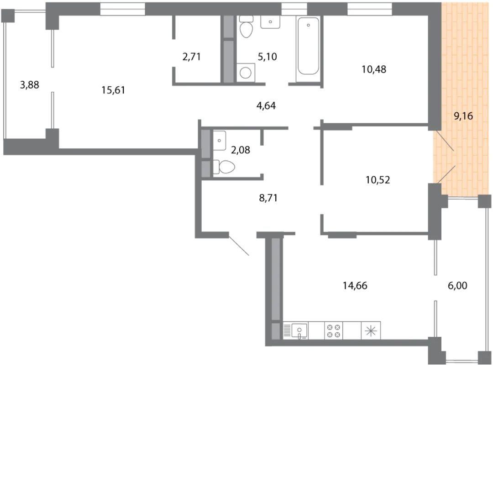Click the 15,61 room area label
tap(113, 90)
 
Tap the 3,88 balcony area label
tap(30, 84)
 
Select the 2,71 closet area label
tap(191, 57)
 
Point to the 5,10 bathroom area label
tap(267, 57)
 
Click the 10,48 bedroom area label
tap(374, 69)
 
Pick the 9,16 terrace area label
tap(463, 116)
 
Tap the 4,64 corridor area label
tap(266, 105)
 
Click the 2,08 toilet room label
tap(241, 150)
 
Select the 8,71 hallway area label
tap(268, 198)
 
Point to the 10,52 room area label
tap(378, 180)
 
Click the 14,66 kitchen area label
tap(355, 285)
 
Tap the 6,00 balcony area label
tap(457, 285)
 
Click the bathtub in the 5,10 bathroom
tap(308, 46)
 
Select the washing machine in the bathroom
tap(246, 73)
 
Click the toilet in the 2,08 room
tap(224, 167)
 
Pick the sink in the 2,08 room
tap(220, 140)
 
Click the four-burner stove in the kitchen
tap(334, 331)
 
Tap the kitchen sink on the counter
tap(299, 330)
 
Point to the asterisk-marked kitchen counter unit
tap(371, 331)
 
